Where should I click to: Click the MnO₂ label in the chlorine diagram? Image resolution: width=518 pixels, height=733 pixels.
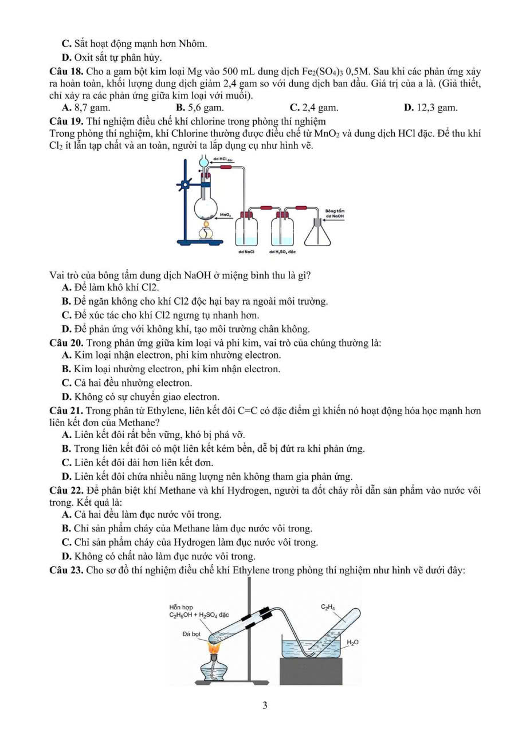point(225,215)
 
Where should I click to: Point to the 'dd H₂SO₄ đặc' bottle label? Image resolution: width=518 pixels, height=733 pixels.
point(284,251)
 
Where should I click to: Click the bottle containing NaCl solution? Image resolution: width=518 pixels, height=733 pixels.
point(246,229)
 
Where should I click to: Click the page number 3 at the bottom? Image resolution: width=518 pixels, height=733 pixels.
point(265,706)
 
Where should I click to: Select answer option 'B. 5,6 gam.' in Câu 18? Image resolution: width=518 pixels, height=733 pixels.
point(199,107)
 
